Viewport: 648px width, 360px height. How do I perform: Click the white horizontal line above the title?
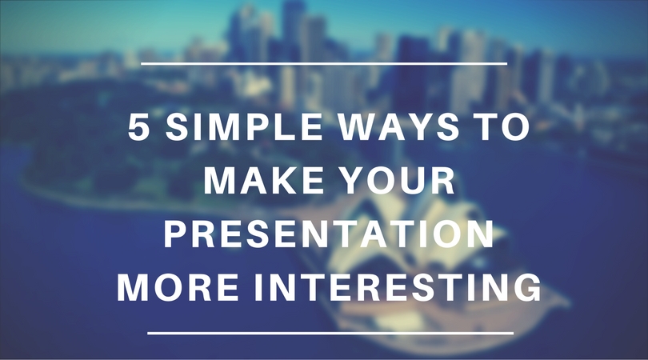(323, 62)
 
